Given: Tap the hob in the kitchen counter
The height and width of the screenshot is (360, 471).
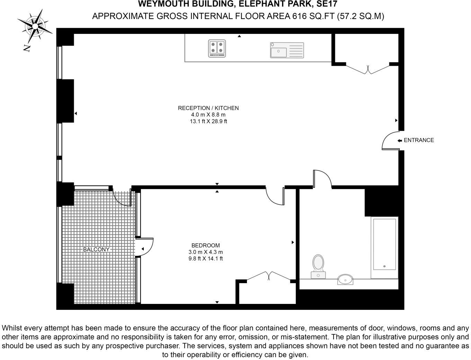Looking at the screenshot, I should [x=217, y=48].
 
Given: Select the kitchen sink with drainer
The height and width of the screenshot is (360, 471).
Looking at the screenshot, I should [x=287, y=50].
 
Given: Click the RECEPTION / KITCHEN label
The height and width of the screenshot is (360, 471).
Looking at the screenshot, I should [x=208, y=108].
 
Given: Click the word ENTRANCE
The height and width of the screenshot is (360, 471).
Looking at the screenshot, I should [x=419, y=140].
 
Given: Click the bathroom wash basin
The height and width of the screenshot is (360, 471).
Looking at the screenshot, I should [x=345, y=279].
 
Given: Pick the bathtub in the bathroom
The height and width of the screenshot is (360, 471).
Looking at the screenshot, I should [x=384, y=247].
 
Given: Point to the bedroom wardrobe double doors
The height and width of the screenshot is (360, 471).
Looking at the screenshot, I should [x=268, y=276].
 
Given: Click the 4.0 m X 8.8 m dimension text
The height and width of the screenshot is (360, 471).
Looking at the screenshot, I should [x=208, y=115].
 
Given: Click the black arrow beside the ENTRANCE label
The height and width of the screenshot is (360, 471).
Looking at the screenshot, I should [x=400, y=141].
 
